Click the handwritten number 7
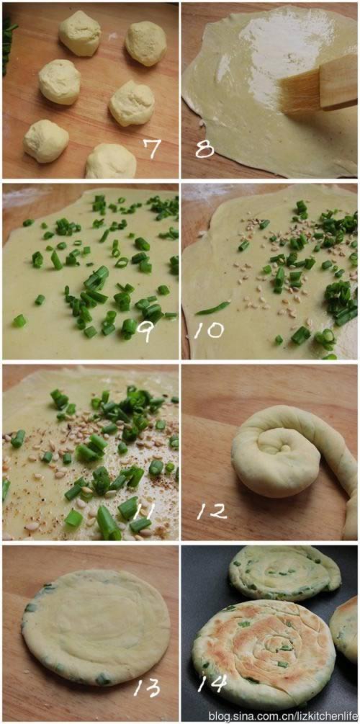(151, 148)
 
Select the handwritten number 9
(148, 331)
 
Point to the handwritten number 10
(210, 330)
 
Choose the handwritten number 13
(147, 687)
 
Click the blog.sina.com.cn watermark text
(283, 715)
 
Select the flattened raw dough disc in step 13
(96, 627)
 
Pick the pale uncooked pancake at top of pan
(285, 573)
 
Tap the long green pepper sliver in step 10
(212, 308)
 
